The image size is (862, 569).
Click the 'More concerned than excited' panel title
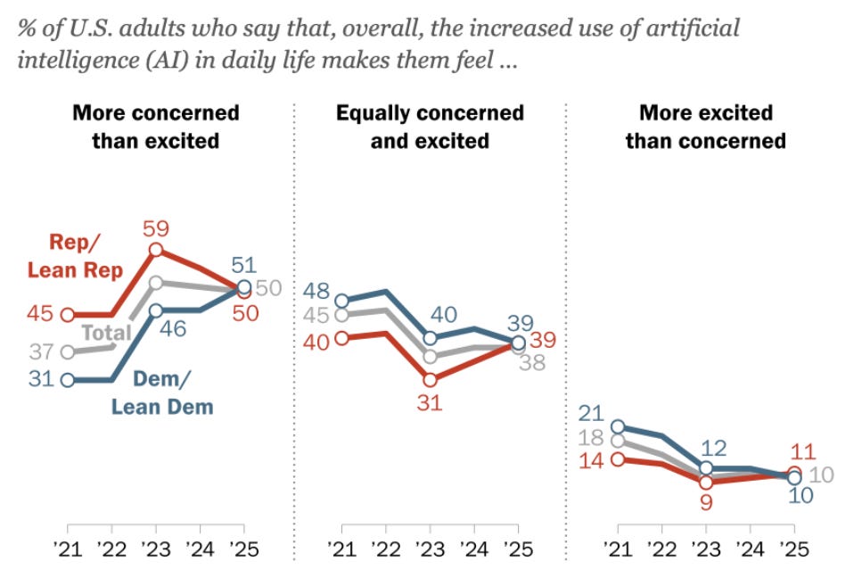click(156, 127)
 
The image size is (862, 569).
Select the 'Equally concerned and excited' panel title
click(430, 127)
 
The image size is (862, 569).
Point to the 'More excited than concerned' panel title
click(705, 127)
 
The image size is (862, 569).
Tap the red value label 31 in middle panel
click(429, 404)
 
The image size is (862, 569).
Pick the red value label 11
click(803, 451)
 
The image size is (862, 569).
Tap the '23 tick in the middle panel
click(430, 547)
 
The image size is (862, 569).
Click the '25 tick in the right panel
click(792, 547)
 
